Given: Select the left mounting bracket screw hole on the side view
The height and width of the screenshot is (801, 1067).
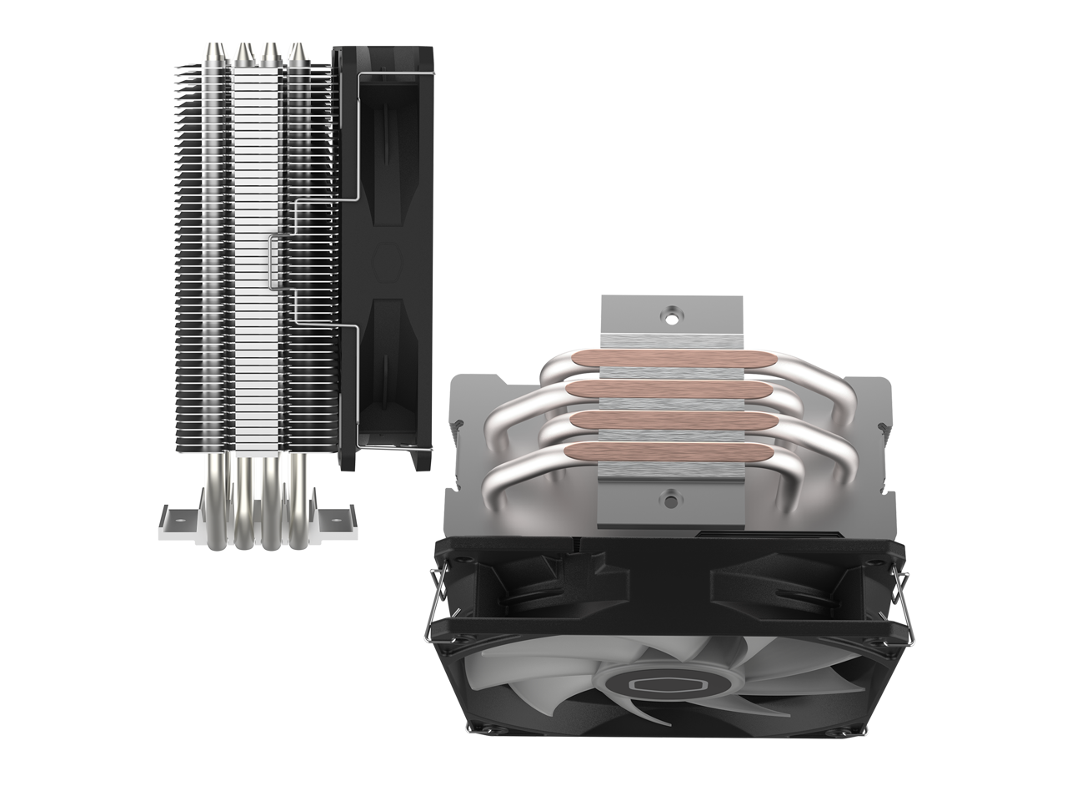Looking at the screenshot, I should pos(175,511).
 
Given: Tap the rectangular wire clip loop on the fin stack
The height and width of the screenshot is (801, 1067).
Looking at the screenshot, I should pos(273,265).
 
